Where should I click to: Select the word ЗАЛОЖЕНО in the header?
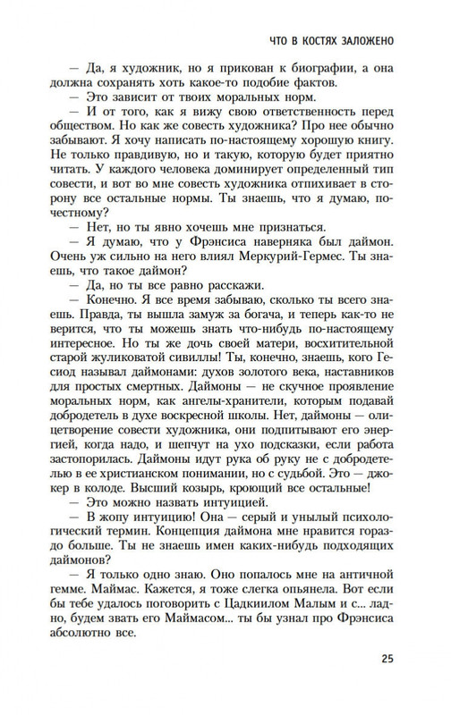(369, 42)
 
